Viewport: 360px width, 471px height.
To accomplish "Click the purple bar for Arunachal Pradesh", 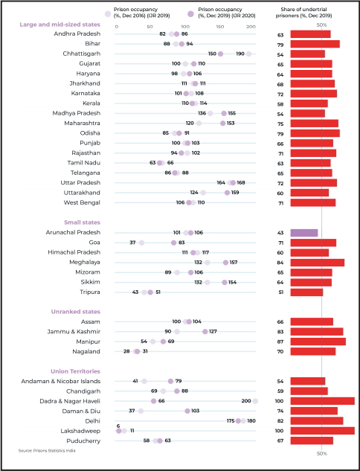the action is click(x=304, y=233).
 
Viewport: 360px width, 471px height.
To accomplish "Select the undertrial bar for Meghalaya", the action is click(x=318, y=263).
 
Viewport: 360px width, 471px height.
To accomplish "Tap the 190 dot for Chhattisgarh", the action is click(x=248, y=54).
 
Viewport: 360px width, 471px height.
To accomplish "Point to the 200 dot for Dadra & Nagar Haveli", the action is click(x=255, y=401).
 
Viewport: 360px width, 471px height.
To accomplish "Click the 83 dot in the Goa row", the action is click(x=173, y=243).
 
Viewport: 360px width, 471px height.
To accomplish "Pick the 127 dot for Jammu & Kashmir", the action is click(x=205, y=332).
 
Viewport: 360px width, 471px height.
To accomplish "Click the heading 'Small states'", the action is click(x=82, y=222).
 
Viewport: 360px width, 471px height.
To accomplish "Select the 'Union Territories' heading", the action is click(x=75, y=371).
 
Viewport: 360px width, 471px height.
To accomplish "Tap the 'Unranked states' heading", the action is click(x=76, y=312).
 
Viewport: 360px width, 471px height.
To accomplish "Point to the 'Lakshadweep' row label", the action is click(x=80, y=431).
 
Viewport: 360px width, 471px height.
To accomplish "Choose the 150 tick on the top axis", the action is click(x=219, y=27).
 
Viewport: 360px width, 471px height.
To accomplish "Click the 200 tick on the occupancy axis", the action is click(x=251, y=27).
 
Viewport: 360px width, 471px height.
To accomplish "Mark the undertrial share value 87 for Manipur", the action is click(x=280, y=342).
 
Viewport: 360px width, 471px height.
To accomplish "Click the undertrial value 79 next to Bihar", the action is click(x=280, y=45).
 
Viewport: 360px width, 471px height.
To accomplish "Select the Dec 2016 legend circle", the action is click(x=108, y=13).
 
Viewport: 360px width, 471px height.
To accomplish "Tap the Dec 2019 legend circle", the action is click(x=190, y=13).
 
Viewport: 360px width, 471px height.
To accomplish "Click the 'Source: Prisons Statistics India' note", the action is click(x=47, y=451).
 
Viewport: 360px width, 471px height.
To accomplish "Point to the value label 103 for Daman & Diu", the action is click(x=195, y=411).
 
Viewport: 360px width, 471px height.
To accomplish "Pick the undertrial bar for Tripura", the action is click(x=306, y=292).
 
